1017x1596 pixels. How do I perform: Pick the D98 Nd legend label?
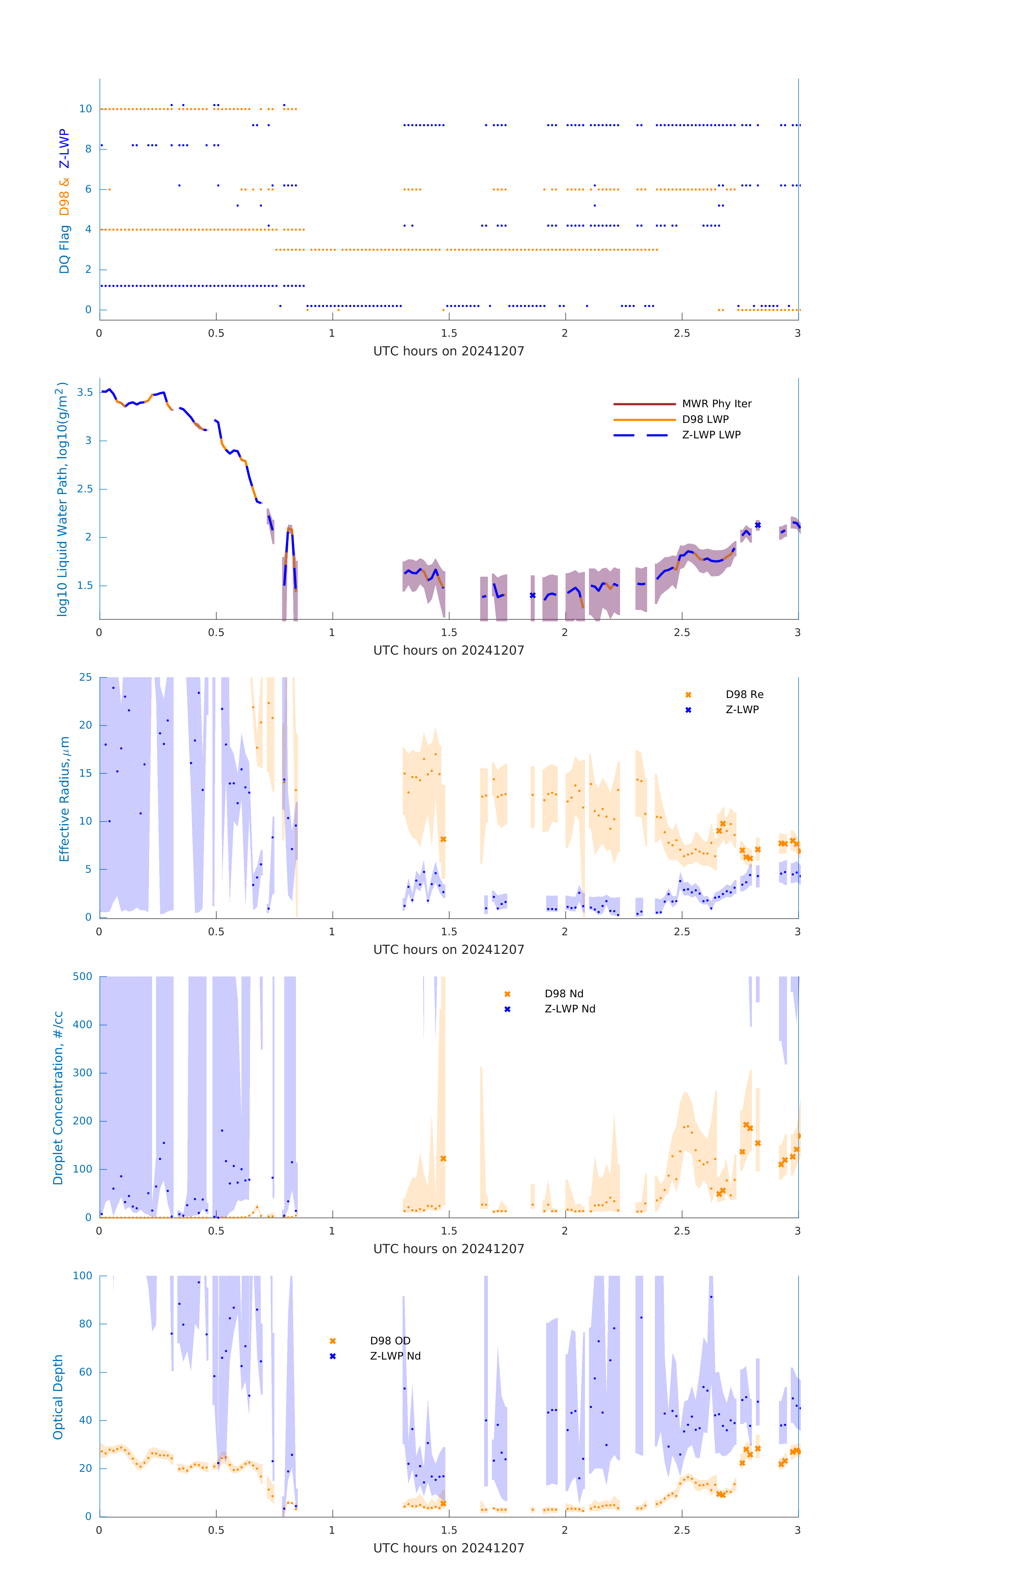point(564,994)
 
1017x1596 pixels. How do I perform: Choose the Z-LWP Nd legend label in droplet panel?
point(570,1009)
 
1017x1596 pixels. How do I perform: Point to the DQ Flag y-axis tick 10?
point(85,109)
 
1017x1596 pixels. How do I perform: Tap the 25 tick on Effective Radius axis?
point(85,678)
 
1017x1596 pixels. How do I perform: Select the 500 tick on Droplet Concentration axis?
point(83,976)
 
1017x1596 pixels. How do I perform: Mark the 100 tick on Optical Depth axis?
point(83,1276)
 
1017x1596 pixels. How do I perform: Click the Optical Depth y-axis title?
point(58,1397)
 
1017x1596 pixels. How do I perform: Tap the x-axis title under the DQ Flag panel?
point(449,351)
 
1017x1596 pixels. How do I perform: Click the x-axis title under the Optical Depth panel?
point(449,1548)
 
